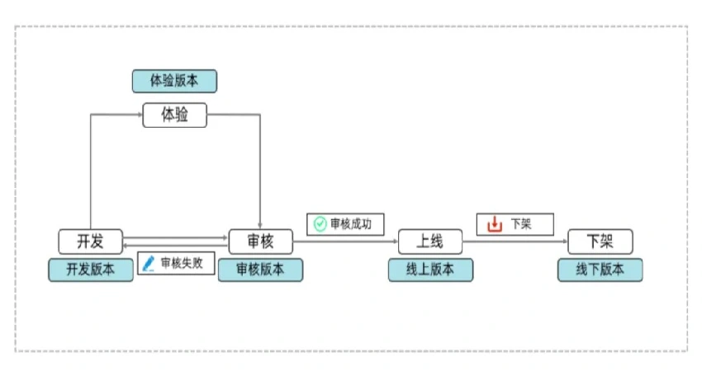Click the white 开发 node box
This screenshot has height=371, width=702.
[x=90, y=242]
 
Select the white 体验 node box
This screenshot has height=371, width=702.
[x=174, y=115]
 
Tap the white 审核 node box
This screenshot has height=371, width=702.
[x=260, y=242]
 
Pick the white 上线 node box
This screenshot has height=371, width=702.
[x=429, y=242]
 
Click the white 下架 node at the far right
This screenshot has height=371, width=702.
[x=600, y=242]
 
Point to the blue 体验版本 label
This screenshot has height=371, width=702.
[x=174, y=81]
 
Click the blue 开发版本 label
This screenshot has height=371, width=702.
[x=90, y=270]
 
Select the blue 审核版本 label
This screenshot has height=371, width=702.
[x=260, y=270]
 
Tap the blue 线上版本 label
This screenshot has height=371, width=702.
[x=430, y=270]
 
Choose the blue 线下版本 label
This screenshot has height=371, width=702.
[x=600, y=270]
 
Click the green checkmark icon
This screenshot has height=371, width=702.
[x=320, y=223]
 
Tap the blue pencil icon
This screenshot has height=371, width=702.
[x=149, y=263]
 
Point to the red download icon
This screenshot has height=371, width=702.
[x=495, y=223]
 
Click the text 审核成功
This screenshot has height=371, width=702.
[x=351, y=223]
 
